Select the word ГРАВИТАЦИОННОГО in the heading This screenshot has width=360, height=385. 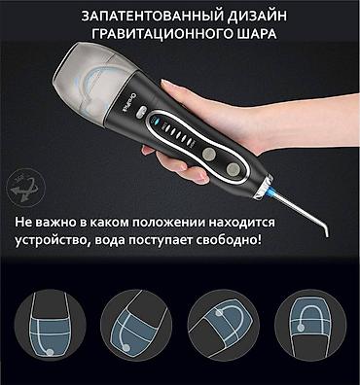[162, 33]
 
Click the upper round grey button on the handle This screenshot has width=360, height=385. [208, 154]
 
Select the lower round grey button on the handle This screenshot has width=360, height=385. [233, 169]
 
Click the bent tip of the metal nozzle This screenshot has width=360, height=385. [325, 230]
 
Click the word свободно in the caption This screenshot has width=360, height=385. [229, 240]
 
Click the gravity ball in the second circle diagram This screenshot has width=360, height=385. [126, 348]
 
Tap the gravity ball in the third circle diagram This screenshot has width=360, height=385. [220, 313]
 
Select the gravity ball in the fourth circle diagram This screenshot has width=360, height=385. [301, 328]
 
